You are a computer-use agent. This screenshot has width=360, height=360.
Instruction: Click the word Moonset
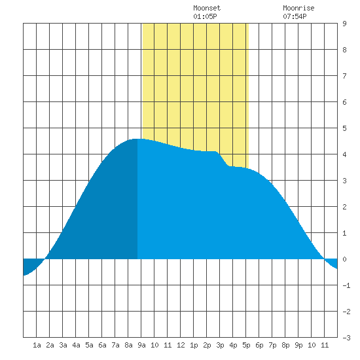click(x=207, y=8)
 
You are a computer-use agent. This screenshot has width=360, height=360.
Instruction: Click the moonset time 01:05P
click(x=205, y=16)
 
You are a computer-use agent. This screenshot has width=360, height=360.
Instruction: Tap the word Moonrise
click(x=298, y=8)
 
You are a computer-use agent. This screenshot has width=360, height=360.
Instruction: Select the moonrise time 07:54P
click(x=295, y=16)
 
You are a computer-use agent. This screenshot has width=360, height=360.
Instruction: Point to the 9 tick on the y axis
click(x=344, y=24)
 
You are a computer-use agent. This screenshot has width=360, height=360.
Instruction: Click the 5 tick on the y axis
click(x=344, y=128)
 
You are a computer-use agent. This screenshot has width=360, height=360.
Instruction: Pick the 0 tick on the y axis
click(x=344, y=259)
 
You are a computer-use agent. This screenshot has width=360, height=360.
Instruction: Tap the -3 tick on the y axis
click(x=346, y=338)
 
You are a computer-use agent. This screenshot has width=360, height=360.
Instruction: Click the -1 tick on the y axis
click(x=346, y=285)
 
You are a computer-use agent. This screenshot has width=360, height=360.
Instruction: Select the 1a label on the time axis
click(x=37, y=345)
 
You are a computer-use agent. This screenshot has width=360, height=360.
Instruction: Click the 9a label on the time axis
click(x=141, y=345)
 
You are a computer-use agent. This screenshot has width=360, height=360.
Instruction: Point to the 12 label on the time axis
click(x=181, y=345)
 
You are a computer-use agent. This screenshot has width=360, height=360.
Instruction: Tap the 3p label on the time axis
click(x=220, y=345)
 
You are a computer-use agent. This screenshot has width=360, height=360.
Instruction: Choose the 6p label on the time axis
click(x=259, y=345)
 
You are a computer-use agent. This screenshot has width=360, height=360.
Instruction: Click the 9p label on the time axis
click(x=298, y=345)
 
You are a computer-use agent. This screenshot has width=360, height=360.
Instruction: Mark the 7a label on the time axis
click(x=115, y=345)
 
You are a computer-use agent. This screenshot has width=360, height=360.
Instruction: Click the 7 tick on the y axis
click(x=344, y=76)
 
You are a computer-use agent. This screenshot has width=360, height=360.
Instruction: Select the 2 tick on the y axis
click(x=344, y=207)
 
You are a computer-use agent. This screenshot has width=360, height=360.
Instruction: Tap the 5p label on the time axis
click(x=246, y=345)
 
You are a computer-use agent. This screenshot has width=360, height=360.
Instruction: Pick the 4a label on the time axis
click(x=76, y=345)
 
